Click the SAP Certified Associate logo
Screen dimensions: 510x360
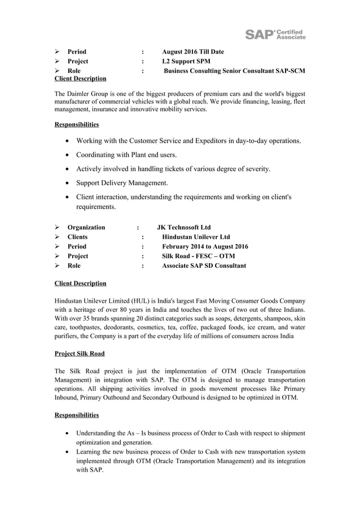pos(275,34)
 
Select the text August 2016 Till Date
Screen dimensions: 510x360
pos(192,52)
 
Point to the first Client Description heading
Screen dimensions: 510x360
pos(80,79)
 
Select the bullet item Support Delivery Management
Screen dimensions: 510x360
pos(122,183)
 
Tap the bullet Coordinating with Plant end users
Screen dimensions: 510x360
pos(126,155)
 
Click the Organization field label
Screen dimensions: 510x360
pos(86,227)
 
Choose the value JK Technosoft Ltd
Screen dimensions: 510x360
pos(183,227)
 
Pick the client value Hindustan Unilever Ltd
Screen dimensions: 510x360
pos(196,237)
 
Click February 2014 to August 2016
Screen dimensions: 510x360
pos(205,246)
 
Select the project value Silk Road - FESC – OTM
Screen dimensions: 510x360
pos(198,256)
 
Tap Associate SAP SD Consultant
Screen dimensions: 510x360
pos(204,265)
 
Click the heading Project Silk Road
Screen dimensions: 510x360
pos(79,354)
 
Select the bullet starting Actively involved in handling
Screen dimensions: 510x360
pos(173,169)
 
